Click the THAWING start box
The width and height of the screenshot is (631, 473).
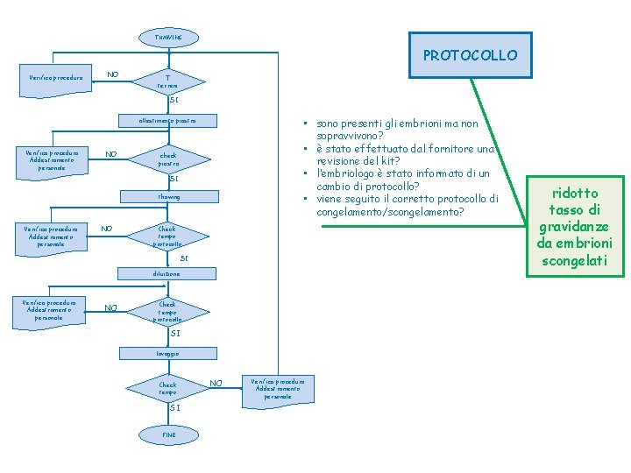pyautogui.click(x=168, y=38)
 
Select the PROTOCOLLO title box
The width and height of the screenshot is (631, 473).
pyautogui.click(x=470, y=55)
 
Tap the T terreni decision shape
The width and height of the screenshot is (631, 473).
pyautogui.click(x=167, y=81)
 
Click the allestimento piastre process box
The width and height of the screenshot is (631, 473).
pyautogui.click(x=167, y=120)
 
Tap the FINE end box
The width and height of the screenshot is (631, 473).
pyautogui.click(x=168, y=434)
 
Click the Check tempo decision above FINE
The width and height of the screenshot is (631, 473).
pyautogui.click(x=167, y=388)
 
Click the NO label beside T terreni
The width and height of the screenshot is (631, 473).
pyautogui.click(x=113, y=74)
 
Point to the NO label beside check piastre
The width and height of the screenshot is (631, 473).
pyautogui.click(x=111, y=154)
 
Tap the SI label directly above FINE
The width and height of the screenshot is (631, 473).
pyautogui.click(x=174, y=407)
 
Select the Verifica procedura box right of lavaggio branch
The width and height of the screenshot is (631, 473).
pyautogui.click(x=278, y=388)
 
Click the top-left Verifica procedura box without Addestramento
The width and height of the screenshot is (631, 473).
pyautogui.click(x=56, y=78)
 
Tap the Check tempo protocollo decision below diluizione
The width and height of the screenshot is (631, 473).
pyautogui.click(x=167, y=312)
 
